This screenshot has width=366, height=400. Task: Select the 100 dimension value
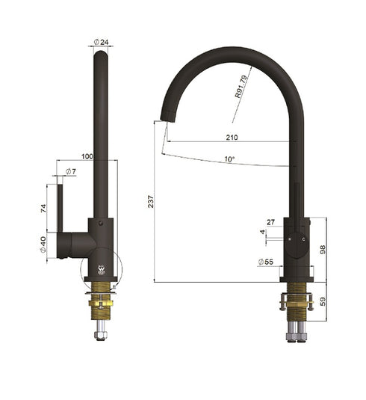(87, 156)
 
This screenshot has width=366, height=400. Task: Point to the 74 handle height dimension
(44, 211)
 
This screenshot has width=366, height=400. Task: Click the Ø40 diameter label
(44, 244)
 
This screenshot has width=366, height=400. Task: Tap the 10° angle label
(228, 159)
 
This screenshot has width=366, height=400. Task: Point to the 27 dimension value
(270, 222)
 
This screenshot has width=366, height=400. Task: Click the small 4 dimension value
(262, 233)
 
